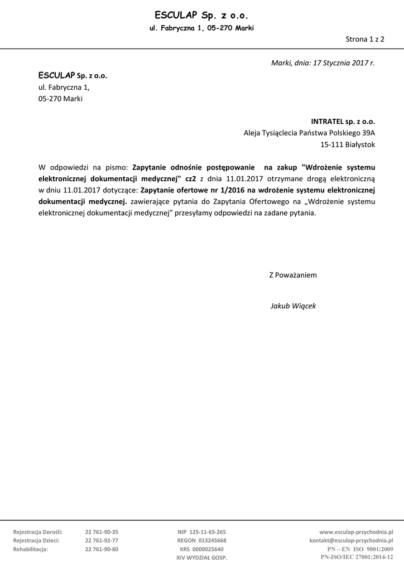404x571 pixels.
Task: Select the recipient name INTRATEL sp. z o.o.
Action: pyautogui.click(x=343, y=120)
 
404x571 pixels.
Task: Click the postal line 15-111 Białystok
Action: pyautogui.click(x=348, y=144)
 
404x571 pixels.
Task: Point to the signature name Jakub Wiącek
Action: pyautogui.click(x=293, y=306)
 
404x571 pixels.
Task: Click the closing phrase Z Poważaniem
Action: pyautogui.click(x=293, y=275)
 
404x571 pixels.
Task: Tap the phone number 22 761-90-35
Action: pyautogui.click(x=102, y=532)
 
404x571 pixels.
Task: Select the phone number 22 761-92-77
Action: pyautogui.click(x=102, y=540)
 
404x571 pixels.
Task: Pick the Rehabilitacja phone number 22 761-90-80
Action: pyautogui.click(x=102, y=549)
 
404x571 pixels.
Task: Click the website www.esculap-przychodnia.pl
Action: pyautogui.click(x=356, y=532)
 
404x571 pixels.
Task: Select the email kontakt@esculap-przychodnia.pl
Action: pyautogui.click(x=351, y=540)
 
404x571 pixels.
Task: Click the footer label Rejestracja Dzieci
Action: pyautogui.click(x=36, y=540)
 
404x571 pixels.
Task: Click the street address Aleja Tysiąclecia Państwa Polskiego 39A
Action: pyautogui.click(x=309, y=133)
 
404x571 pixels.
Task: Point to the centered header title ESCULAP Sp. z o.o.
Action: pyautogui.click(x=201, y=15)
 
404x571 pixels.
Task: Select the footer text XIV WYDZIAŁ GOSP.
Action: pyautogui.click(x=202, y=557)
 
